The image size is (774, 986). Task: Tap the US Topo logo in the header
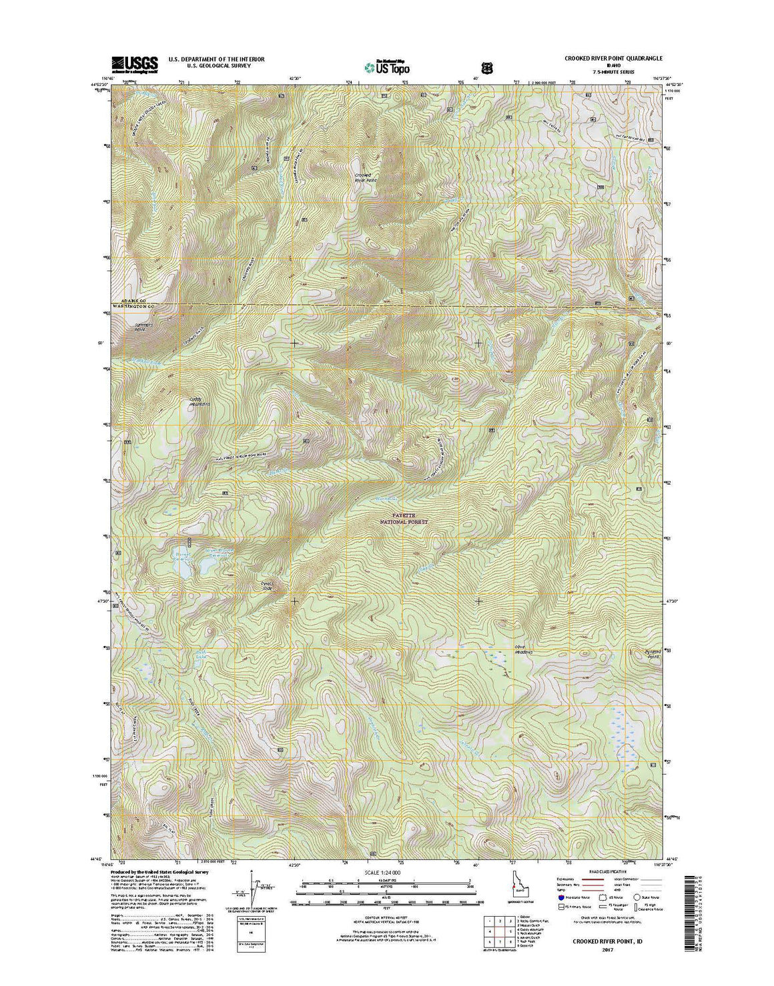387,67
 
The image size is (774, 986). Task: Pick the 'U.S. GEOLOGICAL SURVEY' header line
207,67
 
